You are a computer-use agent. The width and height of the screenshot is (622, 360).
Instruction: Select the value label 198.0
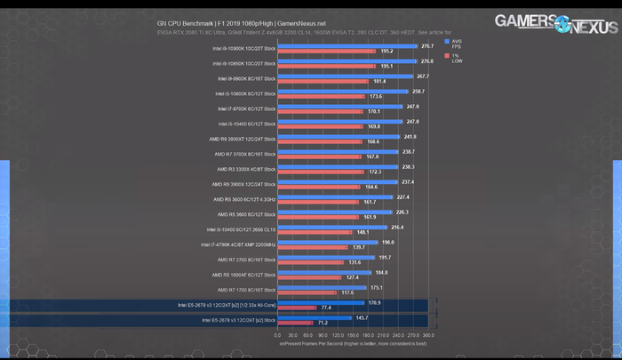(387, 241)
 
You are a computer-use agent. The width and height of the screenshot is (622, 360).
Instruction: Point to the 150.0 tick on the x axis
(354, 335)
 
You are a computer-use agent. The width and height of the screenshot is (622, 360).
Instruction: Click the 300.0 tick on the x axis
(428, 335)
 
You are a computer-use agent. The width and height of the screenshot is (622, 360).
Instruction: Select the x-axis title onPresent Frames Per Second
(353, 342)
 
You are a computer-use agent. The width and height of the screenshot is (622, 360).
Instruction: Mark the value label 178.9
(374, 301)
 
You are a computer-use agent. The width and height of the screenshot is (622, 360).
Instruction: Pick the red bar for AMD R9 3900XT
(321, 141)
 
